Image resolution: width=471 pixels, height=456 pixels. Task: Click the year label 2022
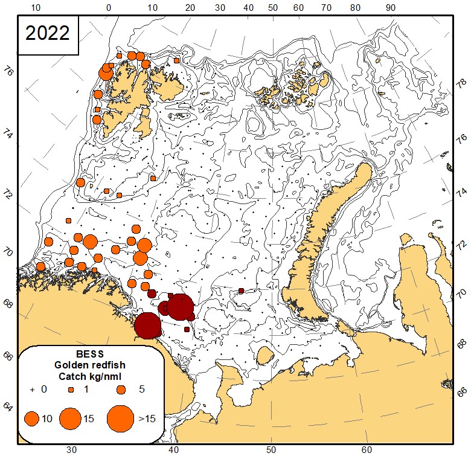coord(48,33)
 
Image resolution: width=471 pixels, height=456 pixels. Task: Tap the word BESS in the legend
coord(91,355)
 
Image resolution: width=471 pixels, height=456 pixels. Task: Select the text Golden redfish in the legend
coord(91,365)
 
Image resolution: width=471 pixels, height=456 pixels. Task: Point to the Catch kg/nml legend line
coord(91,376)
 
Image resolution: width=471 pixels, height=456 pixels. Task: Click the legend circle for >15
coord(121,418)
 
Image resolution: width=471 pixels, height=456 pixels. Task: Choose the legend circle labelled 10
coord(32,418)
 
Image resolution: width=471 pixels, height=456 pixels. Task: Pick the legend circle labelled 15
coord(71,418)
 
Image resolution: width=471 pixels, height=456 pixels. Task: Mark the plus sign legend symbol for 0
coord(32,390)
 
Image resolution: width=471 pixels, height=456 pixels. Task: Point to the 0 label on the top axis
coord(109,8)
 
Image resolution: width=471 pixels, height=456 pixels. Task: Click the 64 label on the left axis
coord(7,408)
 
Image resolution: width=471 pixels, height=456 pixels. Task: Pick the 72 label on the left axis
coord(7,194)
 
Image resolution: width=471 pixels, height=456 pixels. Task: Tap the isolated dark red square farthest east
coord(241,291)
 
